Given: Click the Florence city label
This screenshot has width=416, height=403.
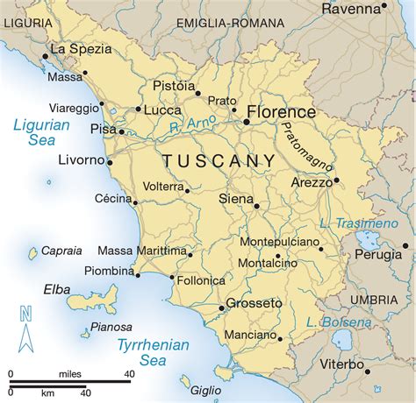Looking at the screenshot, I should click(x=281, y=112).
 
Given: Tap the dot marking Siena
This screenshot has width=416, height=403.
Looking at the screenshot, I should click(x=256, y=206).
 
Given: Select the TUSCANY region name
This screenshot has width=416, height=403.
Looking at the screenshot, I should click(x=219, y=161).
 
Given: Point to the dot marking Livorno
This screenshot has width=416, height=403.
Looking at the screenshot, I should click(x=110, y=161).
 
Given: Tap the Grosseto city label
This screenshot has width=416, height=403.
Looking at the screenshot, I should click(x=255, y=304).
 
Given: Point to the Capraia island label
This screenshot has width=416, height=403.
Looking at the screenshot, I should click(x=61, y=249).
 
